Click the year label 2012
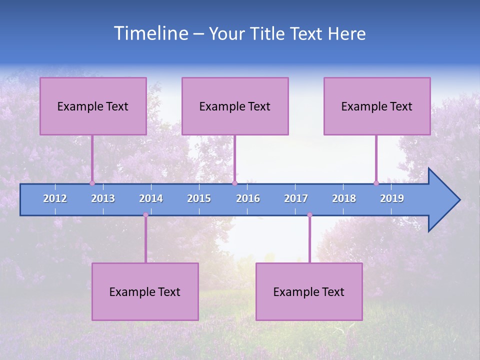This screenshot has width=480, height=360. tap(55, 198)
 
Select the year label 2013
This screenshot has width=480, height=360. tap(103, 198)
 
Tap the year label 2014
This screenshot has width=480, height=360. tap(151, 198)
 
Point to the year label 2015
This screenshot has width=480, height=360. tap(199, 198)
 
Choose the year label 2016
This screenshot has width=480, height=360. tap(248, 198)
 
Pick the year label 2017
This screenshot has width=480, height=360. tap(296, 198)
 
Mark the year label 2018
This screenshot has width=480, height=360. tap(344, 198)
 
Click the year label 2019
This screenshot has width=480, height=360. tap(392, 198)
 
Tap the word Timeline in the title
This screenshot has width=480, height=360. tap(150, 33)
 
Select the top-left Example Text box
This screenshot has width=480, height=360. tap(93, 106)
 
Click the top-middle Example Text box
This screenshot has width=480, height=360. tap(235, 106)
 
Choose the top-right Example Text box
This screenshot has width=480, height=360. tap(377, 106)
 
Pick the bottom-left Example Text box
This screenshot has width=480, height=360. tap(145, 291)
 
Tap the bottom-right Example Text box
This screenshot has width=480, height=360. tap(309, 291)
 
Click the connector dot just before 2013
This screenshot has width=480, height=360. tap(92, 183)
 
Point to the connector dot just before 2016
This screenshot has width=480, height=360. tap(234, 183)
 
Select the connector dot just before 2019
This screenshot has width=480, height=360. tap(376, 183)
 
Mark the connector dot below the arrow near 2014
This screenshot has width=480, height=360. tap(145, 215)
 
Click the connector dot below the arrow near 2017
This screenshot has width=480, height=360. tap(309, 215)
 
